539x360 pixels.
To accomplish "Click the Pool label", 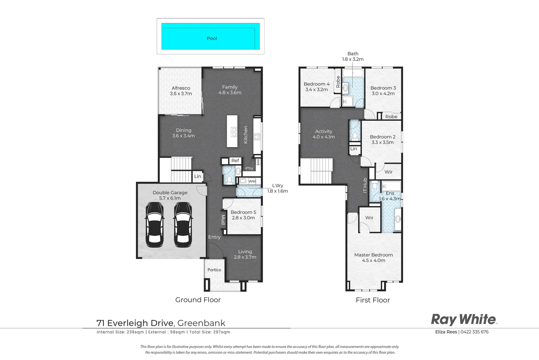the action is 212,38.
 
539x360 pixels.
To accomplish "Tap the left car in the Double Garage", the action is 155,225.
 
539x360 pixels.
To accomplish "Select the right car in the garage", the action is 183,225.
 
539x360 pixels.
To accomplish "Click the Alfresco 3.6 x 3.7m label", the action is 181,91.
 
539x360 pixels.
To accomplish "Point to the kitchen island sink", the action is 234,132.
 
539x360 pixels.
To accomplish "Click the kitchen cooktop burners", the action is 257,137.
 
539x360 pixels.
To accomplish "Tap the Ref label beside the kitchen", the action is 235,161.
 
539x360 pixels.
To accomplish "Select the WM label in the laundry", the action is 252,181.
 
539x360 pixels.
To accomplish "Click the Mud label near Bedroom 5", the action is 223,220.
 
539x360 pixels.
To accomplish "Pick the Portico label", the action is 214,270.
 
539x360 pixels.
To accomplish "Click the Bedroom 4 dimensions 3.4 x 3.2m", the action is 317,90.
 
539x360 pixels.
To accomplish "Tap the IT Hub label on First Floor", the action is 365,185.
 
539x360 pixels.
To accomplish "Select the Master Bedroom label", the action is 373,255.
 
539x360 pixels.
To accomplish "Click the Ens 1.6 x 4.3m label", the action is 390,196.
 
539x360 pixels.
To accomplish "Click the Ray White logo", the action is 464,320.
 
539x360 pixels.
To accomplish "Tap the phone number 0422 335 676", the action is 474,332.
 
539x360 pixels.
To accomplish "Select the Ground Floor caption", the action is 198,300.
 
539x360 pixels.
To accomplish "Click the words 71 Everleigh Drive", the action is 135,323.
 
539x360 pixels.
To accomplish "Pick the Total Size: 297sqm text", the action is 210,332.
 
